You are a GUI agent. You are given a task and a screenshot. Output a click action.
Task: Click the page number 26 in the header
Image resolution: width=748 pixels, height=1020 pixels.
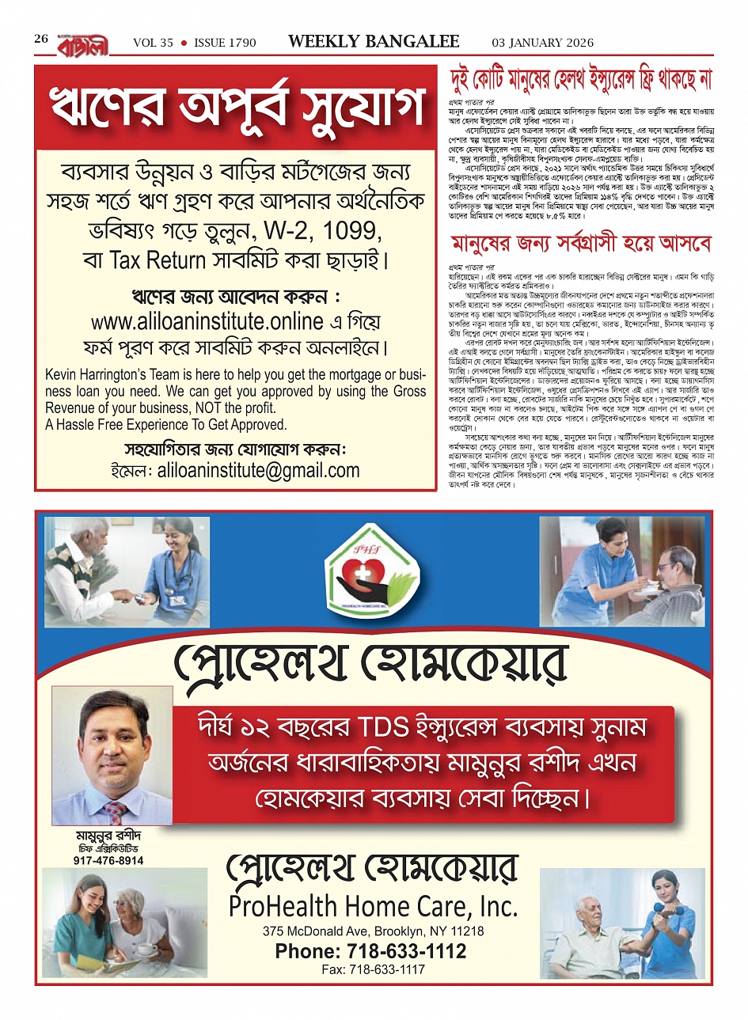pyautogui.click(x=41, y=39)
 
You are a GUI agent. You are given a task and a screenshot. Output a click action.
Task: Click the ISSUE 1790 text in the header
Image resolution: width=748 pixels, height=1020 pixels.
pyautogui.click(x=225, y=43)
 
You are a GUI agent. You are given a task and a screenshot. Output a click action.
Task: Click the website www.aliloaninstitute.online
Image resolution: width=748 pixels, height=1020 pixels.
pyautogui.click(x=218, y=322)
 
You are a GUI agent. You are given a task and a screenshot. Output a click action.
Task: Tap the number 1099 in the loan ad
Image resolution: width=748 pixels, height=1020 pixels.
pyautogui.click(x=354, y=234)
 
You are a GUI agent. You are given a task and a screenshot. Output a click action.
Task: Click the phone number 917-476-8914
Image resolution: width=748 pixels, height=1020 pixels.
pyautogui.click(x=108, y=860)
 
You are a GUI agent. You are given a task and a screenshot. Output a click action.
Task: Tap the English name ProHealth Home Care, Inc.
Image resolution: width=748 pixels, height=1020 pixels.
pyautogui.click(x=373, y=905)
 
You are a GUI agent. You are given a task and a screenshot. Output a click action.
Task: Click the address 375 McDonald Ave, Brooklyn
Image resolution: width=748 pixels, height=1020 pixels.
pyautogui.click(x=373, y=931)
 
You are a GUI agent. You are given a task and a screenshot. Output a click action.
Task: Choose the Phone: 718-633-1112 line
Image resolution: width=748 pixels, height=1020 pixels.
pyautogui.click(x=371, y=951)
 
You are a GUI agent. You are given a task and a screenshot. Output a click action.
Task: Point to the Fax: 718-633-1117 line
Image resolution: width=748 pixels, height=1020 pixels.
pyautogui.click(x=373, y=969)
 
